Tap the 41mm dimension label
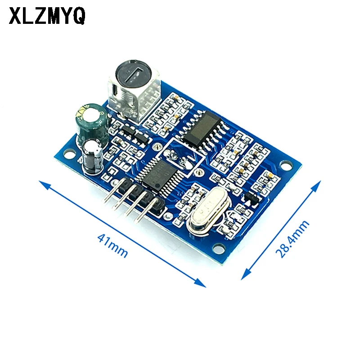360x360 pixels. click(x=112, y=245)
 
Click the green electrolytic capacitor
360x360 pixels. click(x=92, y=122)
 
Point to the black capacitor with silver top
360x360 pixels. click(x=93, y=156)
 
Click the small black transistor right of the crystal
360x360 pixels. click(x=249, y=196)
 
